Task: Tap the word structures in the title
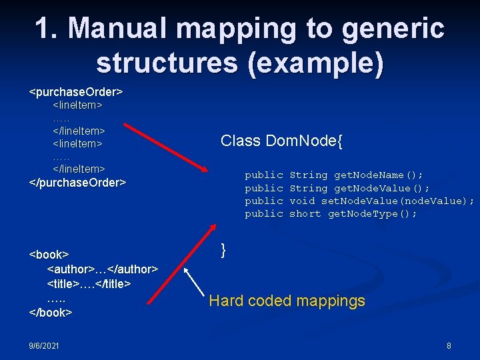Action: click(x=167, y=62)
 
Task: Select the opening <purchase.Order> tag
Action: click(x=76, y=90)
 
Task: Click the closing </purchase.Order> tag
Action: click(x=78, y=182)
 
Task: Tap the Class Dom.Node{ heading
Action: click(x=281, y=141)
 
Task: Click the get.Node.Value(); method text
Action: click(x=381, y=188)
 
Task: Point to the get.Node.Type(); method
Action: click(x=372, y=213)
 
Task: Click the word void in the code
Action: click(x=302, y=201)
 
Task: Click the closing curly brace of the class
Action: click(x=224, y=250)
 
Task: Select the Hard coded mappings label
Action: click(x=287, y=301)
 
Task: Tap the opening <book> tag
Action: click(x=49, y=255)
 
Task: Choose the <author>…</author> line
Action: click(x=102, y=269)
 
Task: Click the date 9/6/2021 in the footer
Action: click(x=44, y=345)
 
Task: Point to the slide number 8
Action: click(x=449, y=345)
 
